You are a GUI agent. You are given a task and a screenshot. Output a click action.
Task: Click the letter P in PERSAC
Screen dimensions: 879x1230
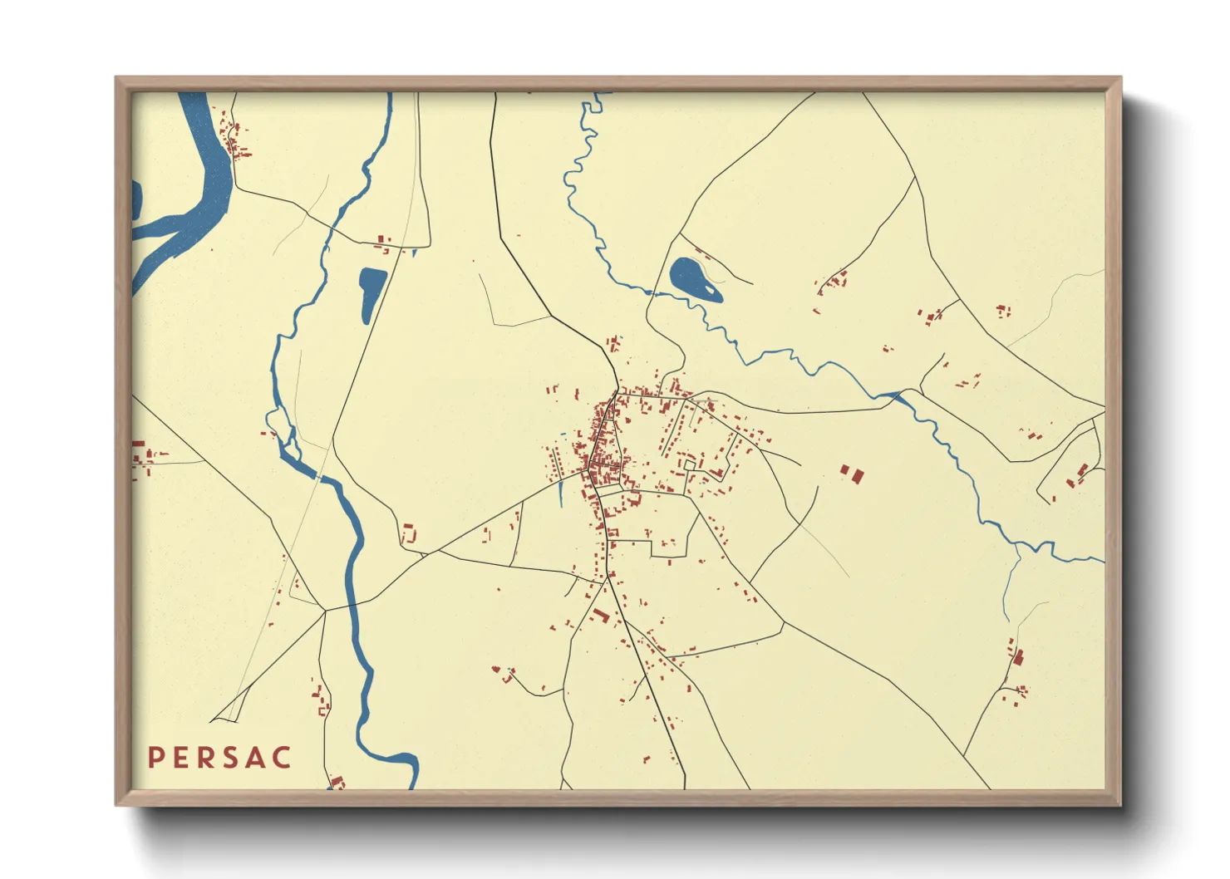[155, 758]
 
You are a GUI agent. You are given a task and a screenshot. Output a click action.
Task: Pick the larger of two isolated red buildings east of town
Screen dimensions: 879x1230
[856, 475]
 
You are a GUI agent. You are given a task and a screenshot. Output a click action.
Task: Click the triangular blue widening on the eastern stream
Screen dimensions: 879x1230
[892, 396]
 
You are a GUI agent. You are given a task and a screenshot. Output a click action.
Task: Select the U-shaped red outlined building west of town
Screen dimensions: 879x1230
[408, 533]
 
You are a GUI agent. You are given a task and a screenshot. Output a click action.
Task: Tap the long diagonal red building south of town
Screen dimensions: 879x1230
[600, 616]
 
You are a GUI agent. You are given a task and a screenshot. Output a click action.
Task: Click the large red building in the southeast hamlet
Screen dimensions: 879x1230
[1018, 658]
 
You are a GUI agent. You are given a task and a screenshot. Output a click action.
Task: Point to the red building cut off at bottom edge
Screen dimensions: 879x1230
[337, 783]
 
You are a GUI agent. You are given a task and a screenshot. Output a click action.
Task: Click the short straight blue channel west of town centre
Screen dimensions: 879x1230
[561, 492]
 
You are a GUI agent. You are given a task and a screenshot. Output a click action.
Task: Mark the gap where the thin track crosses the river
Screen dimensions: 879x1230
[317, 477]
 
